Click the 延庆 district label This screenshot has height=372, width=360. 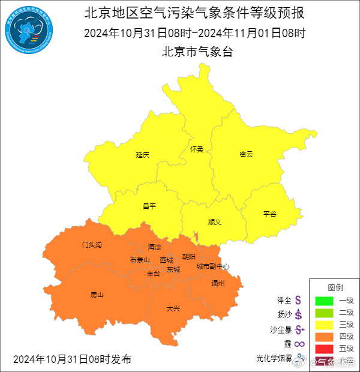(142, 155)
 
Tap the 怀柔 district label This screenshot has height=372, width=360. (196, 149)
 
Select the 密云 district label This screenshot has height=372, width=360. (246, 154)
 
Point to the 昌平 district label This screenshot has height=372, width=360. (149, 206)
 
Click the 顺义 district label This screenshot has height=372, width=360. (215, 222)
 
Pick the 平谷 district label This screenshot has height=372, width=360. (269, 214)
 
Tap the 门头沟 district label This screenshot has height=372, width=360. (92, 245)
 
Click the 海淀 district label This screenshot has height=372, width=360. (155, 247)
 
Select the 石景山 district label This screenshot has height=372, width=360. (140, 260)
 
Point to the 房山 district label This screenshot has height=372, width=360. (97, 295)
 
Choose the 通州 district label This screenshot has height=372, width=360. (218, 283)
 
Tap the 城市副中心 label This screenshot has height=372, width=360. (212, 266)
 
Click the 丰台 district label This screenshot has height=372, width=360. (154, 274)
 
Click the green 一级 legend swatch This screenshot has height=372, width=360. (325, 300)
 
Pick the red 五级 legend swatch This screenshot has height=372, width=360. (325, 349)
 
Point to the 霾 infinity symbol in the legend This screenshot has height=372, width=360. (298, 344)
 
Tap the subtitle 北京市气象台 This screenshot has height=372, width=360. (197, 52)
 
